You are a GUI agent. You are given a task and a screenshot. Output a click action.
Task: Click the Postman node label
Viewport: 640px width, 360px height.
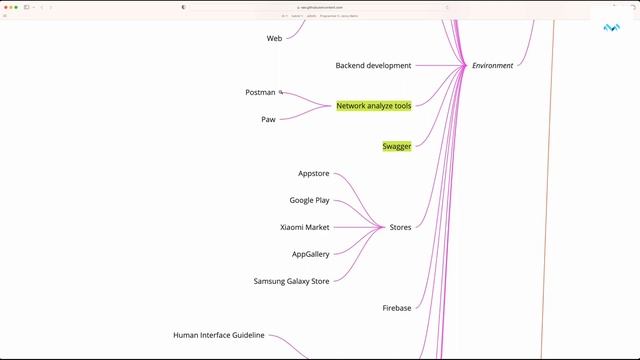pyautogui.click(x=260, y=93)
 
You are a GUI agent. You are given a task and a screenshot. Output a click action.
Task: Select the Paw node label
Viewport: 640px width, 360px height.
pyautogui.click(x=268, y=119)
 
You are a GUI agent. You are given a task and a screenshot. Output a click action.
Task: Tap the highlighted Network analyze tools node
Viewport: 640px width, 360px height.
pyautogui.click(x=373, y=105)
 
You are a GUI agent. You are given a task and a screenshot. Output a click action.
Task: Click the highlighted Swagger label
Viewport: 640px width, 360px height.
pyautogui.click(x=397, y=146)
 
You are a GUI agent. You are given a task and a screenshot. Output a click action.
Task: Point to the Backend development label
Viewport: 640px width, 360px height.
pyautogui.click(x=373, y=66)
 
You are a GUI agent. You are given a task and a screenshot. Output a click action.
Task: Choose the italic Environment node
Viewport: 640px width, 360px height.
pyautogui.click(x=492, y=66)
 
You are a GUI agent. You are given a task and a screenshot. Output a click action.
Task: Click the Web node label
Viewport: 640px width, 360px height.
pyautogui.click(x=274, y=38)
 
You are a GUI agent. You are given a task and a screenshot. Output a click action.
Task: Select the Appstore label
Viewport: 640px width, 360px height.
pyautogui.click(x=314, y=174)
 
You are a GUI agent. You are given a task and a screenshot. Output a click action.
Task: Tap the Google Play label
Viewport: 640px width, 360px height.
pyautogui.click(x=309, y=201)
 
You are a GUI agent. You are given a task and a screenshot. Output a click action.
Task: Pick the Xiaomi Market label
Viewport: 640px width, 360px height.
pyautogui.click(x=304, y=227)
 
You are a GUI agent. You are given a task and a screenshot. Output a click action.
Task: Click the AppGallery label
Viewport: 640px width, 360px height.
pyautogui.click(x=310, y=254)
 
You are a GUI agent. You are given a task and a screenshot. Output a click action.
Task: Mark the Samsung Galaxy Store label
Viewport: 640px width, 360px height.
pyautogui.click(x=291, y=281)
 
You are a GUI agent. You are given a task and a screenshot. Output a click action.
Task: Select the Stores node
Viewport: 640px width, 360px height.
pyautogui.click(x=400, y=227)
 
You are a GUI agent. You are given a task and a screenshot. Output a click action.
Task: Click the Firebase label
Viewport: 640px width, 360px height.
pyautogui.click(x=397, y=308)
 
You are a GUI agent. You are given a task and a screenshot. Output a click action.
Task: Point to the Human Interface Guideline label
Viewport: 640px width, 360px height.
pyautogui.click(x=219, y=336)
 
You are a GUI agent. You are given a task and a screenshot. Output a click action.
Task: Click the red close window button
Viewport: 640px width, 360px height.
pyautogui.click(x=5, y=7)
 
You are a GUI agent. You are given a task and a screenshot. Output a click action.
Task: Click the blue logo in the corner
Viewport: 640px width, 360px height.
pyautogui.click(x=612, y=27)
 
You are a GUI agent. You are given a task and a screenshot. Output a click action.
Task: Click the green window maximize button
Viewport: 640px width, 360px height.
pyautogui.click(x=17, y=7)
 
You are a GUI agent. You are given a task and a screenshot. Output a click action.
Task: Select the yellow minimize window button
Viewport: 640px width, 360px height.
pyautogui.click(x=11, y=7)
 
